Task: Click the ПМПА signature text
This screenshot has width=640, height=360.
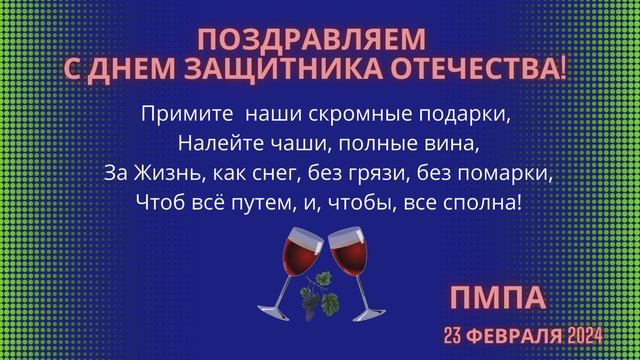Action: [x=497, y=298]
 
